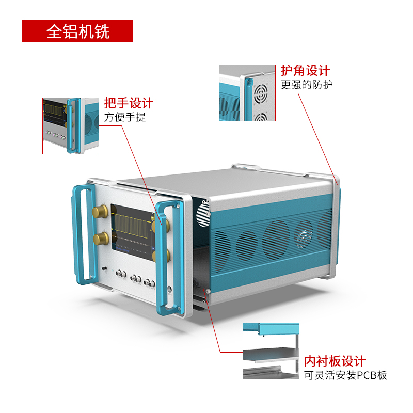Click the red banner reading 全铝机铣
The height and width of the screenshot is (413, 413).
[77, 31]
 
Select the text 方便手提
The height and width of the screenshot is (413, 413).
[125, 117]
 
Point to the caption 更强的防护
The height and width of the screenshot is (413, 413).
[307, 84]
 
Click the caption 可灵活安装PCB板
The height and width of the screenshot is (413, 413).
[345, 375]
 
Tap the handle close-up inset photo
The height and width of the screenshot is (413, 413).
[71, 125]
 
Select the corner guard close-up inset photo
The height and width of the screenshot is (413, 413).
[246, 93]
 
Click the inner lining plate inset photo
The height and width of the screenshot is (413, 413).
[271, 351]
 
